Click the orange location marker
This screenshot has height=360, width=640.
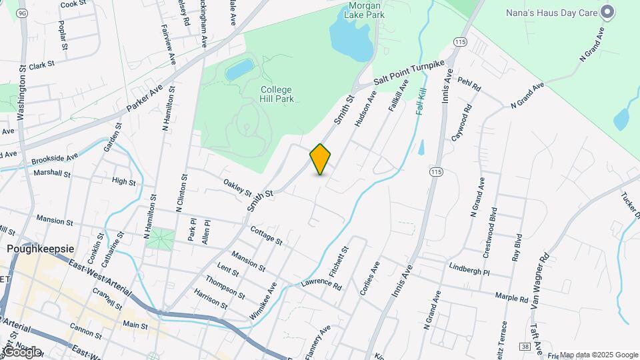pos(321,159)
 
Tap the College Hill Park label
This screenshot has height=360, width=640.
pos(277,94)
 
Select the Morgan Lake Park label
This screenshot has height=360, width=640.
pos(365,11)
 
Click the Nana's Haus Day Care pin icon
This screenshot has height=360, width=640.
pos(607,11)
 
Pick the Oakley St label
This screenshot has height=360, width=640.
pos(238,187)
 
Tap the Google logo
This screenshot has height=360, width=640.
pos(22,351)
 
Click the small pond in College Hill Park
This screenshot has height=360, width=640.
pos(239,69)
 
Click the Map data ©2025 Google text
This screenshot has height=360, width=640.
pos(598,355)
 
